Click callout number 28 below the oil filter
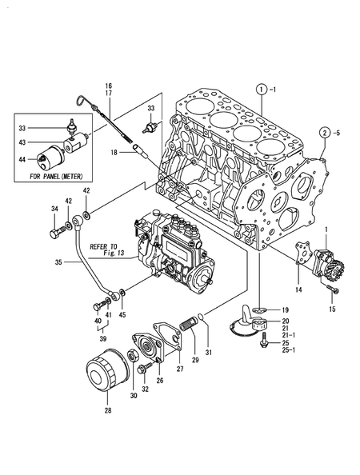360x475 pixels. coord(109,411)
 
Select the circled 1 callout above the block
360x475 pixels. coord(260,89)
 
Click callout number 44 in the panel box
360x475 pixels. coord(23,160)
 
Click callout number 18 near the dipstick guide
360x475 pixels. coord(114,152)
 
